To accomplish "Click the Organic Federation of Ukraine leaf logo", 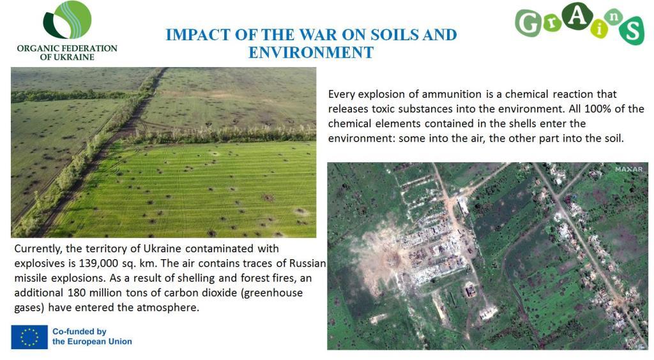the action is point(67,20).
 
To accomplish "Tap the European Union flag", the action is point(29,336).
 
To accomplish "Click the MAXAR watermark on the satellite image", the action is point(629,169).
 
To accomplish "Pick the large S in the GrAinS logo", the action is point(632,31).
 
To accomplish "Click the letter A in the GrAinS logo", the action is point(577,16).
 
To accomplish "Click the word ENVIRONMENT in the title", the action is point(311,52).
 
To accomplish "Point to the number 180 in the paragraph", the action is point(77,292).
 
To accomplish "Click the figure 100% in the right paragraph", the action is point(598,109).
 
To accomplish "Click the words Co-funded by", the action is point(79,331).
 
